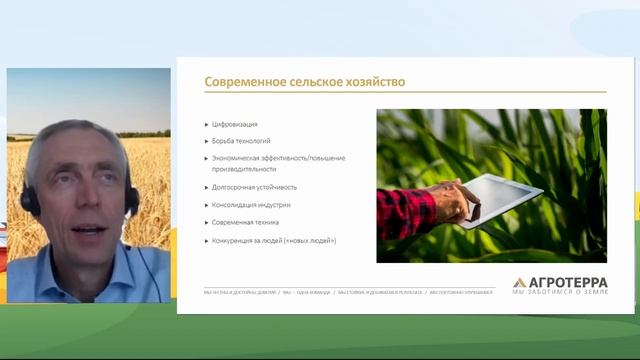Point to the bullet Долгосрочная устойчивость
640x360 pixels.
click(254, 186)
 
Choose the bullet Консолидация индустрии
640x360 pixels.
click(251, 204)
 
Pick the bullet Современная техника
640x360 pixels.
click(246, 222)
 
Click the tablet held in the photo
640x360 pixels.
click(501, 196)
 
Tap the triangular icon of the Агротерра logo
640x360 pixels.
click(519, 283)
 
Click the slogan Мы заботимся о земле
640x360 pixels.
click(560, 292)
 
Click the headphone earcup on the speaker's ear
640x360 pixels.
click(30, 201)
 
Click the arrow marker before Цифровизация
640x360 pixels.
click(206, 124)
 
